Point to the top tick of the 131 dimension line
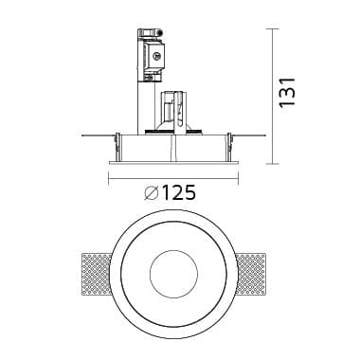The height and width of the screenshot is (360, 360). tap(275, 28)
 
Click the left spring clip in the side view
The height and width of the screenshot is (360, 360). tap(117, 144)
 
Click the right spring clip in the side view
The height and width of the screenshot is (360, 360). tap(227, 144)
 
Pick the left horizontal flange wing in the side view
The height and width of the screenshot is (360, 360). tap(95, 135)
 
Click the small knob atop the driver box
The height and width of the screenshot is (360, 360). tap(158, 30)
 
